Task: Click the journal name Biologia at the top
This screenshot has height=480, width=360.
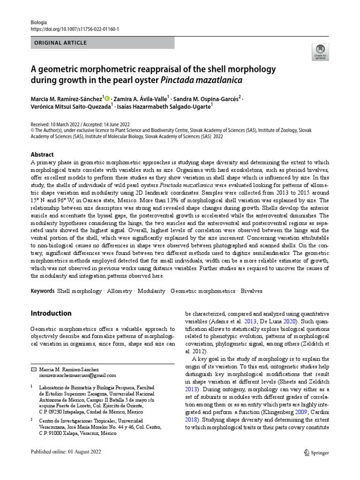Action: pyautogui.click(x=38, y=22)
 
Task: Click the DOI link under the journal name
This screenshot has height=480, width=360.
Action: pyautogui.click(x=75, y=29)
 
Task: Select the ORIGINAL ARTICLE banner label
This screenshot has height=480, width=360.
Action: pyautogui.click(x=59, y=43)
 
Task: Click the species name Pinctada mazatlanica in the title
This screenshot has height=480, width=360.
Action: pyautogui.click(x=201, y=80)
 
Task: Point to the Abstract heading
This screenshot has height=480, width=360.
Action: pyautogui.click(x=42, y=155)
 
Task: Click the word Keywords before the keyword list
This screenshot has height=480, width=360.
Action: pyautogui.click(x=43, y=291)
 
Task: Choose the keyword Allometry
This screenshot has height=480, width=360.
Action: pyautogui.click(x=120, y=291)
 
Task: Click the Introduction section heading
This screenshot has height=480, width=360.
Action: pyautogui.click(x=51, y=313)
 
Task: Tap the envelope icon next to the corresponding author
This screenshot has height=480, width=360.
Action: pyautogui.click(x=33, y=369)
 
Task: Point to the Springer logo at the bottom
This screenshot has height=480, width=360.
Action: pyautogui.click(x=316, y=452)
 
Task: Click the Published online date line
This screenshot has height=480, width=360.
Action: pyautogui.click(x=65, y=452)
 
